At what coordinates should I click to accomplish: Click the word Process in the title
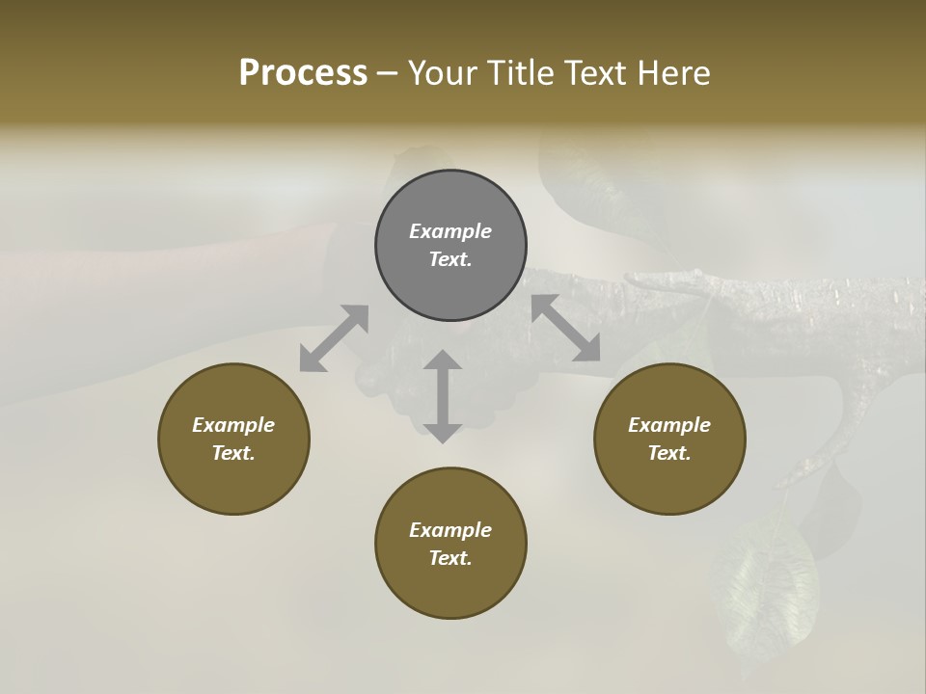click(303, 73)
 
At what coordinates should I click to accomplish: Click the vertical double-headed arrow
click(443, 396)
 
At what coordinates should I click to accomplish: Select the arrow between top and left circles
click(334, 338)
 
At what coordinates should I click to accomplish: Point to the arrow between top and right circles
click(565, 329)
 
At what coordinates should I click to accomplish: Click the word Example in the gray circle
click(450, 231)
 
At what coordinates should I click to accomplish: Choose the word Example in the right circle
click(669, 425)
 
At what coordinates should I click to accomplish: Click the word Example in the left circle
click(233, 425)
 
